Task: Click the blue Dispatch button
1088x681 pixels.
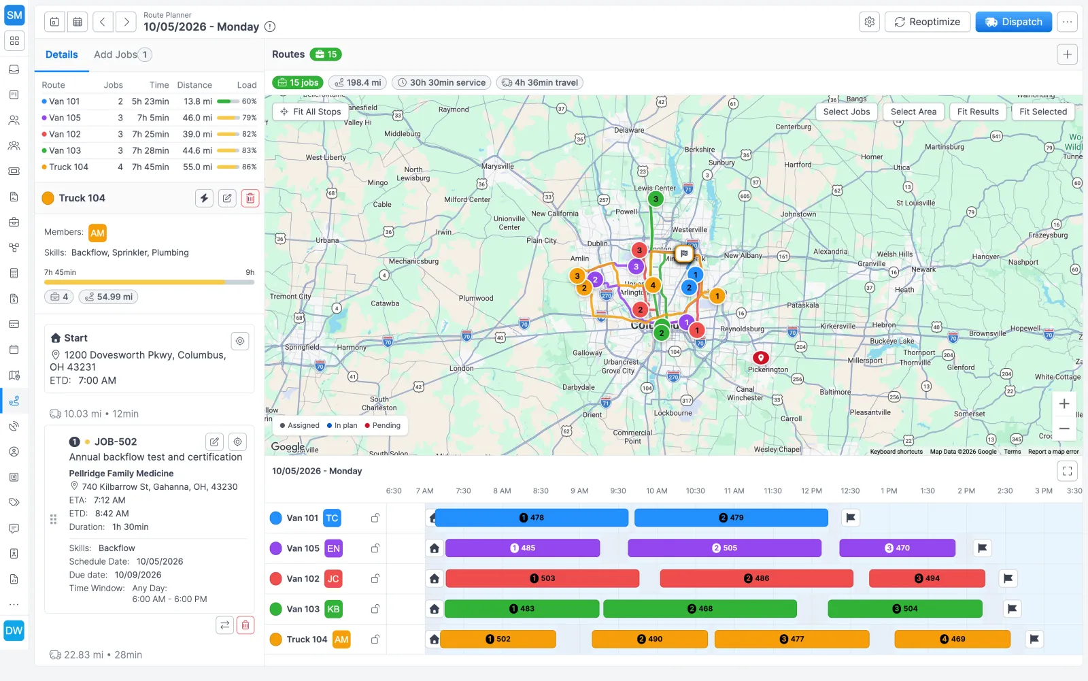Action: (x=1013, y=22)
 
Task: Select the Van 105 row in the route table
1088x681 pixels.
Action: (x=149, y=118)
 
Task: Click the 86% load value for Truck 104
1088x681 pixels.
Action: (x=249, y=167)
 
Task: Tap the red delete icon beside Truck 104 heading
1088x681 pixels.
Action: (x=250, y=199)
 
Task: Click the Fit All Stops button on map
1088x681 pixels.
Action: (x=311, y=112)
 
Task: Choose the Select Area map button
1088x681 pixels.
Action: (x=913, y=112)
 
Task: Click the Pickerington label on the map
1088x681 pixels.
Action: (x=768, y=369)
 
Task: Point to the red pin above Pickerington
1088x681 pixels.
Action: (x=761, y=358)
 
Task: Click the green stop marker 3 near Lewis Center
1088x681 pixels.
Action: (x=656, y=199)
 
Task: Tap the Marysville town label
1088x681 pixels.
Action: (x=497, y=166)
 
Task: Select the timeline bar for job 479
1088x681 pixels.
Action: (x=731, y=518)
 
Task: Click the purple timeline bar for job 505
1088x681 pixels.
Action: (x=724, y=548)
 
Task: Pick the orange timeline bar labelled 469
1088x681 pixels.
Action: (x=952, y=640)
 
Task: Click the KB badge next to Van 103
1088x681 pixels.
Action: (x=333, y=609)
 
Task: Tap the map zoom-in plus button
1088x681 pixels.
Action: (x=1064, y=404)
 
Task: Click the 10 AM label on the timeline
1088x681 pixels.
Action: (x=657, y=491)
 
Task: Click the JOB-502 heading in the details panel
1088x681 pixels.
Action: (x=115, y=442)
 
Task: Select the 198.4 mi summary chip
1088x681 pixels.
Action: (x=358, y=82)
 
